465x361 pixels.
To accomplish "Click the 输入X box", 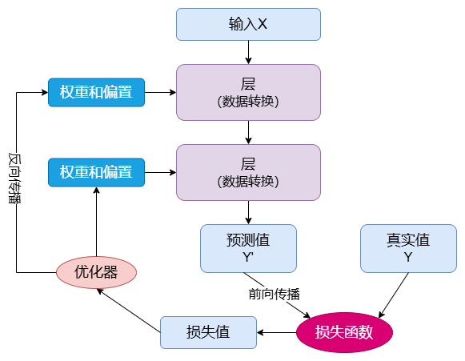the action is pos(248,24).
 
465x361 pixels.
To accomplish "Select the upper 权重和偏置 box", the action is pos(96,92).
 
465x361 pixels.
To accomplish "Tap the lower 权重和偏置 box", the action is pos(96,172).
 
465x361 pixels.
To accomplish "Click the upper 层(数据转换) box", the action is pos(248,92).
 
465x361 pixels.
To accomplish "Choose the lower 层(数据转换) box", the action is pos(248,172).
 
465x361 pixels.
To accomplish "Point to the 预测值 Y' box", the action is pos(248,248).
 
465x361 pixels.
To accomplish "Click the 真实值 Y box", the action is pos(408,248).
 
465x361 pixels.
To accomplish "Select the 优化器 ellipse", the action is pos(96,272).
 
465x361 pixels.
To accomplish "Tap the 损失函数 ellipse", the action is pos(344,332).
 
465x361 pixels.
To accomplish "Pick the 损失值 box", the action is pos(208,332).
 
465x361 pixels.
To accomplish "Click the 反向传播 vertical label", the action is pos(14,178).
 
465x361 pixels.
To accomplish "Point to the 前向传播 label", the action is pos(275,295).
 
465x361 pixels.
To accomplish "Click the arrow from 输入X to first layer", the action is pos(249,53).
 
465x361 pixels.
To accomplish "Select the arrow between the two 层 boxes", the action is pos(249,132).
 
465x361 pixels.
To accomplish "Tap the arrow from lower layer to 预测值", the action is pos(249,212).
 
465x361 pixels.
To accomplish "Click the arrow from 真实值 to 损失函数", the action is pos(394,295).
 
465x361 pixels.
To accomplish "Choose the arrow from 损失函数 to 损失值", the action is pos(276,332).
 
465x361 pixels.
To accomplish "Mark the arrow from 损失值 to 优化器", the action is pos(129,311).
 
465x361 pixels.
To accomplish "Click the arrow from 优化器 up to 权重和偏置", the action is pos(96,222).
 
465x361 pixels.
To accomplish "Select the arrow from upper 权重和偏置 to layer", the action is pos(160,92).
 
